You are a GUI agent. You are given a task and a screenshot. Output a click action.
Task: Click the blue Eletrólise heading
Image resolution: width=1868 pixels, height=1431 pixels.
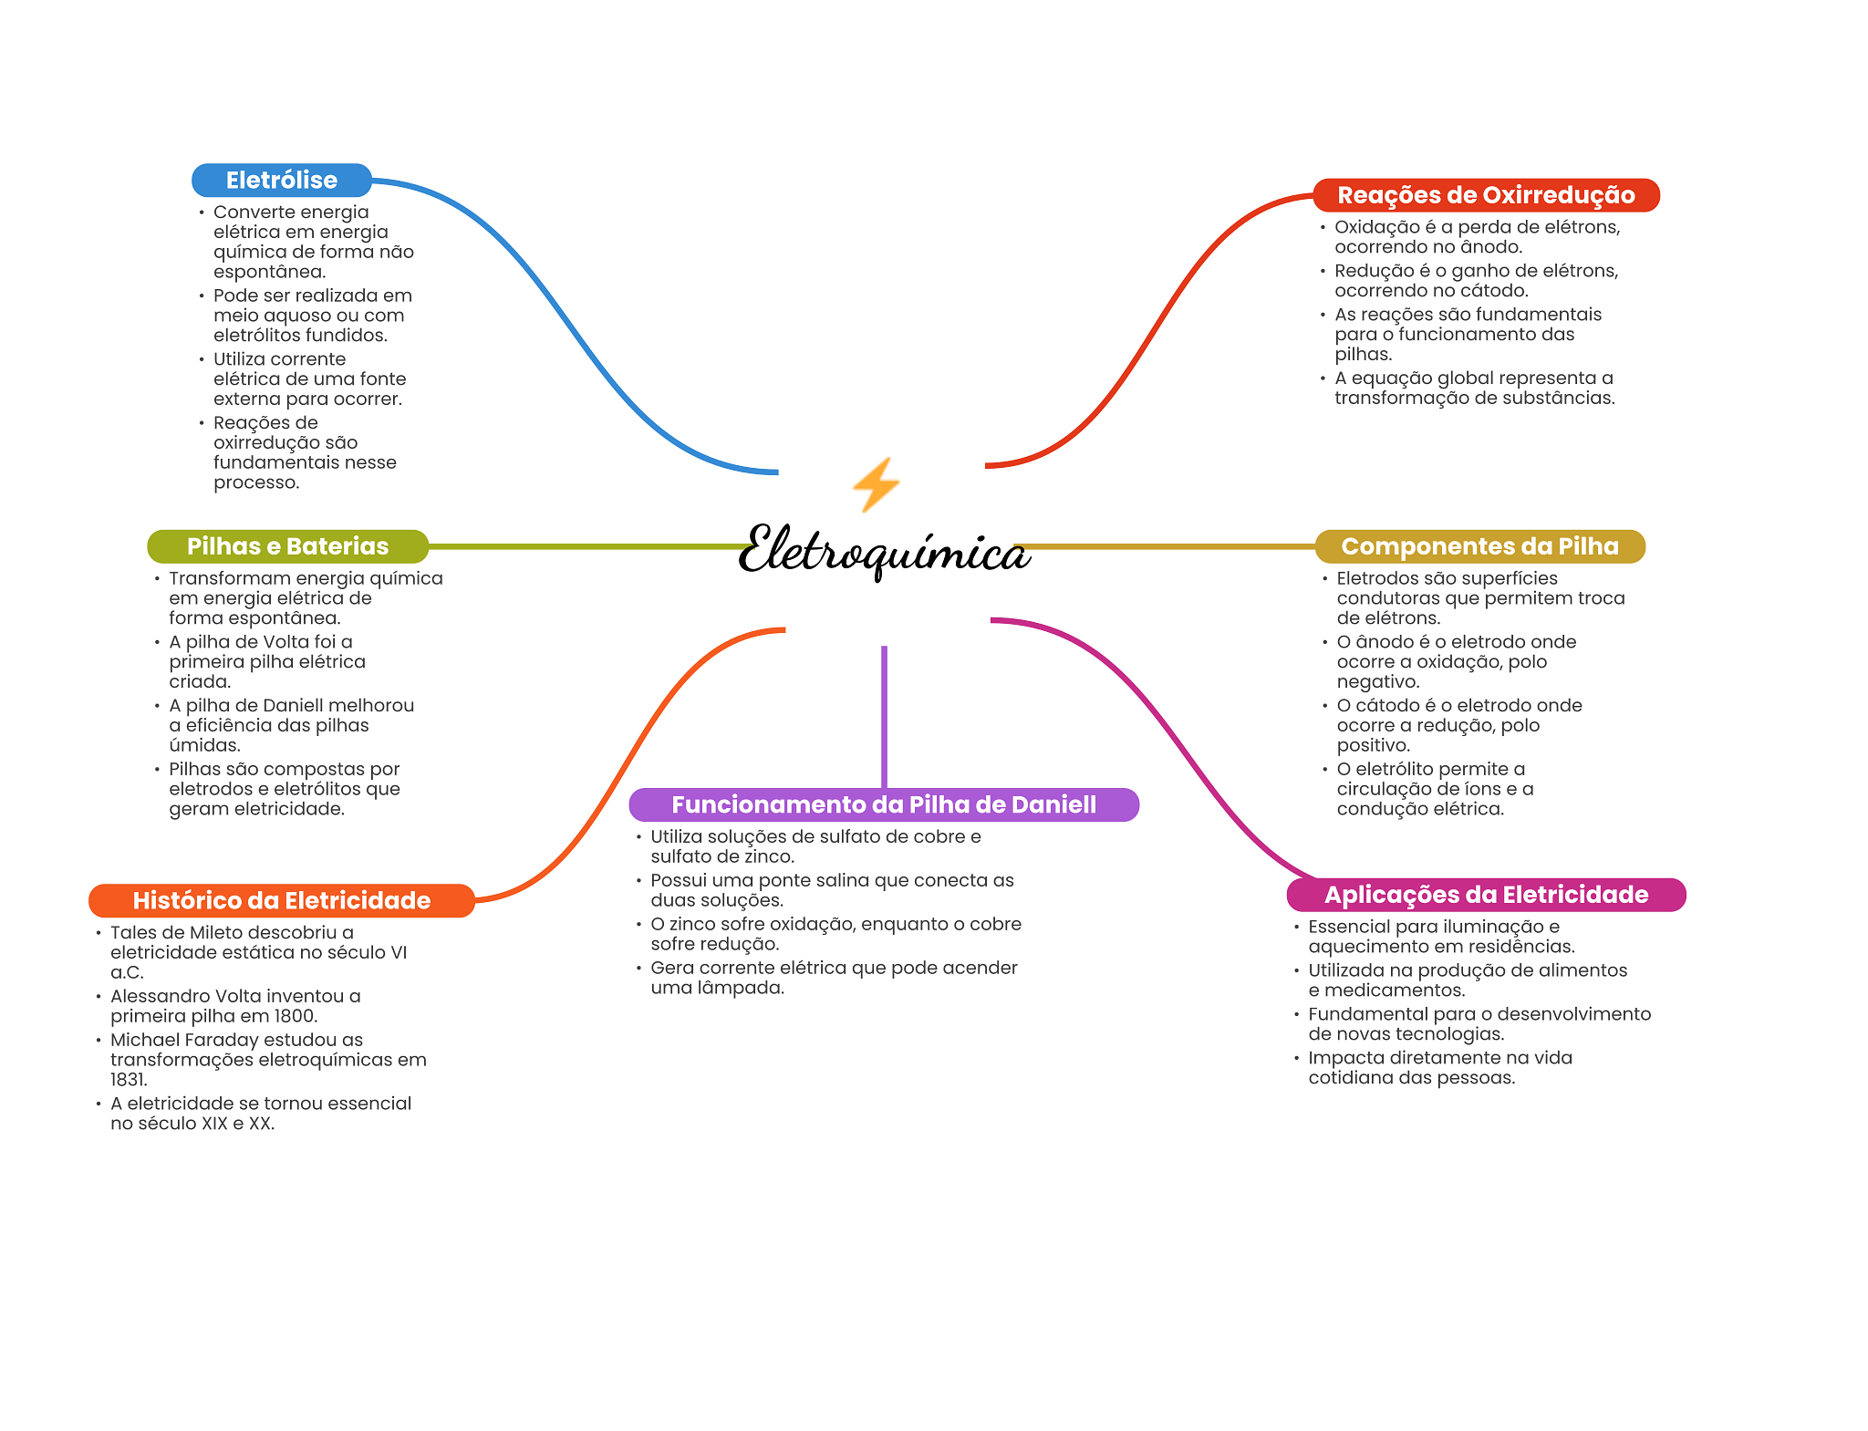pos(281,181)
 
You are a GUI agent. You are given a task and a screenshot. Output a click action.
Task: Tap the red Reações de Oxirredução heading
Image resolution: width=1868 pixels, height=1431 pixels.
pos(1485,195)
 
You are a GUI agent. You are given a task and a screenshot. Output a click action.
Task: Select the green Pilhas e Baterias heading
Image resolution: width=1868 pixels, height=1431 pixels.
pos(287,546)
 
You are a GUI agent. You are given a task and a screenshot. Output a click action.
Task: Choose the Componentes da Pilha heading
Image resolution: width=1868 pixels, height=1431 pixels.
pos(1479,546)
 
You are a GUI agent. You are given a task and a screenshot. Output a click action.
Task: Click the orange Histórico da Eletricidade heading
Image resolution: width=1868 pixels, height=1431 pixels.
pos(281,900)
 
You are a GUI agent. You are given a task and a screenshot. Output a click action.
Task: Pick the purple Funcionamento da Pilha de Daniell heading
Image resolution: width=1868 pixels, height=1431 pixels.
pos(883,804)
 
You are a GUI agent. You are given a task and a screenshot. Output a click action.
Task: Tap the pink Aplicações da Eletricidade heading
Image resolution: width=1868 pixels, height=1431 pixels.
pos(1485,895)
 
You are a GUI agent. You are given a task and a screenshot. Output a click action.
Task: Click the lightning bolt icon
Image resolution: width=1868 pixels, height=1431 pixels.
pos(876,484)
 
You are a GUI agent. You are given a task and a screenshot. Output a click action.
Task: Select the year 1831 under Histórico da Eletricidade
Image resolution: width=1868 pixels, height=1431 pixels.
pos(127,1080)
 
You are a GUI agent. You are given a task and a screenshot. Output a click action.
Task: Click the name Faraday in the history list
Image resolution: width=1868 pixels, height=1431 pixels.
pos(215,1040)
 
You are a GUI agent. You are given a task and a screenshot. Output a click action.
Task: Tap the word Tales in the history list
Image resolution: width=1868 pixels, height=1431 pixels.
pos(133,932)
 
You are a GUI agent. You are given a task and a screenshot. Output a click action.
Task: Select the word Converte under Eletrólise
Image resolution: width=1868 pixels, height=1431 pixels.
pos(246,213)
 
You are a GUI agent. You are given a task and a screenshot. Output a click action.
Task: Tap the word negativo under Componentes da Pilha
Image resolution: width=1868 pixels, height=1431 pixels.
pos(1377,682)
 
